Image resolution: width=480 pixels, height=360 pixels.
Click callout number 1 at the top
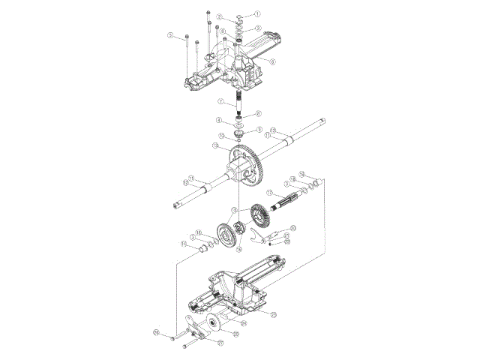pos(256,13)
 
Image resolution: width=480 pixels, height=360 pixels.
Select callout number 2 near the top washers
pos(219,16)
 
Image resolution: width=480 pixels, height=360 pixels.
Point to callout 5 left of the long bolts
pos(171,35)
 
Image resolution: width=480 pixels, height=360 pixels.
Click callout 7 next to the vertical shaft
pos(221,101)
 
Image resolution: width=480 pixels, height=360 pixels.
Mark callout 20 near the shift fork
pos(293,227)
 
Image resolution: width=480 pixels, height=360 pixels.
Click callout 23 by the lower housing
pos(273,313)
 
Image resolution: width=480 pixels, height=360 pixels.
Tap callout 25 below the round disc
pos(234,334)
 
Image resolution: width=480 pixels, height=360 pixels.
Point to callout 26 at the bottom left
pos(156,331)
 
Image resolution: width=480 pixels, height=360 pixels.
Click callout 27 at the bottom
pos(220,343)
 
